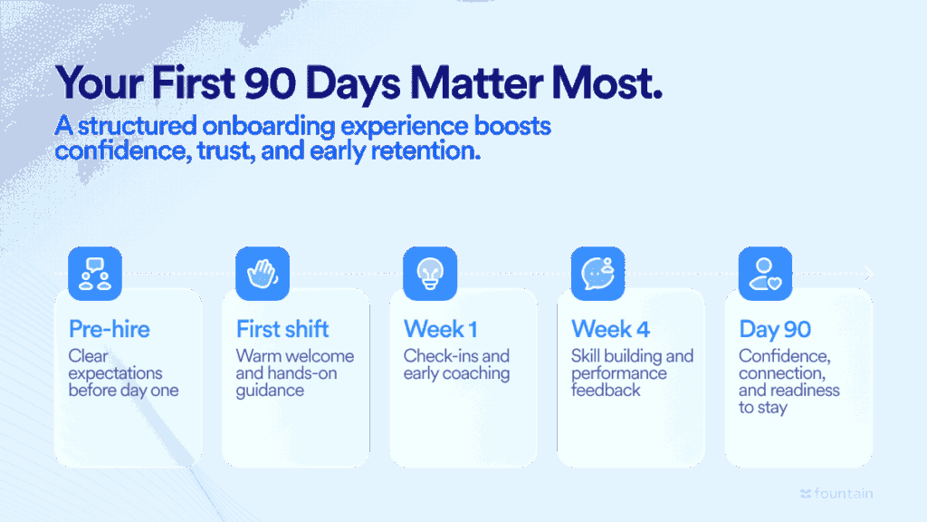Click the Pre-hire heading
(110, 328)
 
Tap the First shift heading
(282, 328)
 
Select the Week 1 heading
(441, 328)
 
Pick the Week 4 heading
(611, 328)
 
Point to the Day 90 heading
(775, 328)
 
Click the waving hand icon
(263, 273)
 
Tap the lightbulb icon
(430, 273)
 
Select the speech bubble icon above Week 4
(597, 273)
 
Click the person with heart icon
(765, 273)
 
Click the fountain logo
(836, 494)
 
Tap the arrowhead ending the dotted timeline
(869, 273)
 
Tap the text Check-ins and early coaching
(456, 364)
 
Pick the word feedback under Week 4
(606, 391)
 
